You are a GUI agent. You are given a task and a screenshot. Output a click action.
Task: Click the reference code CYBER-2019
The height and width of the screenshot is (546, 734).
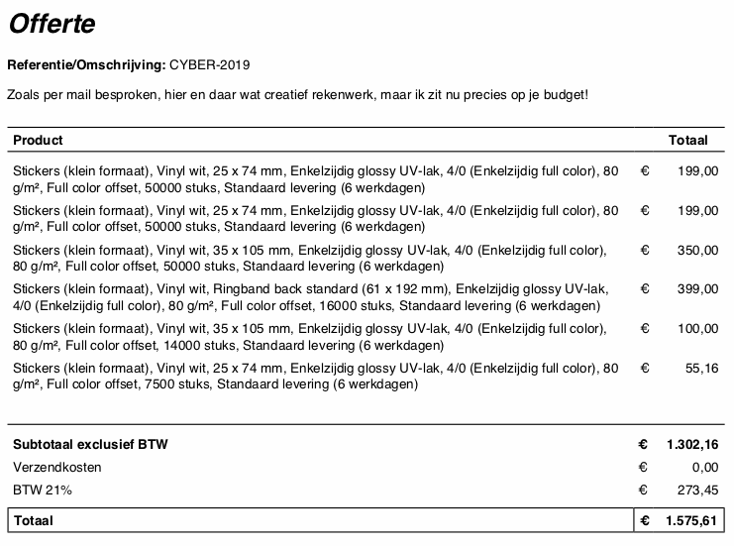(210, 65)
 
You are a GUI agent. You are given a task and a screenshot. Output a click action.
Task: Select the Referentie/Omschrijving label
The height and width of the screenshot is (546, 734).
(86, 65)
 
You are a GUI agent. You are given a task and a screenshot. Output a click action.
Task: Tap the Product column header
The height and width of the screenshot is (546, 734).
(39, 141)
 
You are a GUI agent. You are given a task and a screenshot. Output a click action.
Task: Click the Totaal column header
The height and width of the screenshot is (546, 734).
(688, 141)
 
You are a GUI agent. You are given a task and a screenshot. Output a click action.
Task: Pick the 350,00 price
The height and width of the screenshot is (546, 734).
(699, 250)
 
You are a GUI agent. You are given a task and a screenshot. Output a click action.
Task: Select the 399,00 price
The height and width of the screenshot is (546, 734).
(699, 288)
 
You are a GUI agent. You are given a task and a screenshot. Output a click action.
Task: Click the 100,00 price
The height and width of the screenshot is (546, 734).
(699, 328)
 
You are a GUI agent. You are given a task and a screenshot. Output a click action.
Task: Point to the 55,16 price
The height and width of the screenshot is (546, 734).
(702, 368)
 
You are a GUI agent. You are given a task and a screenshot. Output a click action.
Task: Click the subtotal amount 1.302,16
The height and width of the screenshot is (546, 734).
(692, 445)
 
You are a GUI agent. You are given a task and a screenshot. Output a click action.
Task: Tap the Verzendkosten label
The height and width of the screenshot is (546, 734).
(57, 467)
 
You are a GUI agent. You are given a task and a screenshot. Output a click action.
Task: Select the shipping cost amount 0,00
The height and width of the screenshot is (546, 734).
(705, 467)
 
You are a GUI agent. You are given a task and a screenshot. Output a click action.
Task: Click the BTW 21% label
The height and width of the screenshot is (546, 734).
(43, 490)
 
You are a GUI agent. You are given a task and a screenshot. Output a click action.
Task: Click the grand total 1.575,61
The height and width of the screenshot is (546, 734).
(692, 520)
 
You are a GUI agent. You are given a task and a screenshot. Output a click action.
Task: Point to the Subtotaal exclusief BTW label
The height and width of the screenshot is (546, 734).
(90, 445)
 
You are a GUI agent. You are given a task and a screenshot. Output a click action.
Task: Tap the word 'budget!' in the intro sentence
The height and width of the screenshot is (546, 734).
(564, 95)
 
